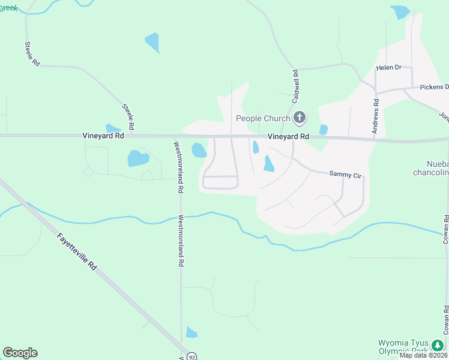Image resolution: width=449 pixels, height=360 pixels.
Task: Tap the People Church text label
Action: [x=263, y=118]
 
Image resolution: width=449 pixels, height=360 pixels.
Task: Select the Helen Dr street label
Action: [x=388, y=68]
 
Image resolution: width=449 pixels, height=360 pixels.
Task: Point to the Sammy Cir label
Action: [x=345, y=174]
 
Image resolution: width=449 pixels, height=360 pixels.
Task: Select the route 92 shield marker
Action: [x=191, y=356]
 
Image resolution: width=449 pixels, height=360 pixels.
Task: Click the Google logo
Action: [x=20, y=353]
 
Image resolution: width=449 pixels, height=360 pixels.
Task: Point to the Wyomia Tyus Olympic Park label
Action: [x=403, y=347]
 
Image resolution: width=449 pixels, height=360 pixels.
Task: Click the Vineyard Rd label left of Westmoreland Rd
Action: [x=103, y=136]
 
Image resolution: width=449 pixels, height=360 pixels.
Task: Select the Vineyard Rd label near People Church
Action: [x=288, y=137]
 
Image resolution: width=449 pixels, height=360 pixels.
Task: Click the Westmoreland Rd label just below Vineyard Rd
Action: [x=178, y=166]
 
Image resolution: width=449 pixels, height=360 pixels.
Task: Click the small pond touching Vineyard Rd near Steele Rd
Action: [x=112, y=128]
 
